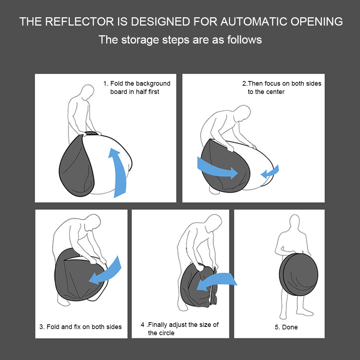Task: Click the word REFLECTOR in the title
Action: pos(80,22)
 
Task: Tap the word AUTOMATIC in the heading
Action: pos(254,22)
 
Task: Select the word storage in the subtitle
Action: pos(140,40)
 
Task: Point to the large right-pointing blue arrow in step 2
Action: pos(217,168)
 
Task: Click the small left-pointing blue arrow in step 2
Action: pos(270,171)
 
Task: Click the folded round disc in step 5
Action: pos(298,274)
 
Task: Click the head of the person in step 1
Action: pos(87,92)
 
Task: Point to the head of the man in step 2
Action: pos(243,113)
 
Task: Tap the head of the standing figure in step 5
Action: pos(294,222)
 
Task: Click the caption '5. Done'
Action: pos(286,327)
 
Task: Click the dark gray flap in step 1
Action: pos(76,166)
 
